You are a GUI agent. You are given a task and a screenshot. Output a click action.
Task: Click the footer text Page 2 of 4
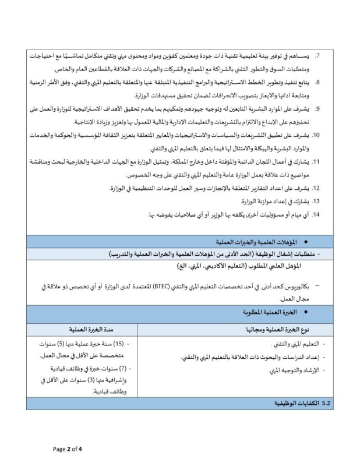pyautogui.click(x=68, y=449)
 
